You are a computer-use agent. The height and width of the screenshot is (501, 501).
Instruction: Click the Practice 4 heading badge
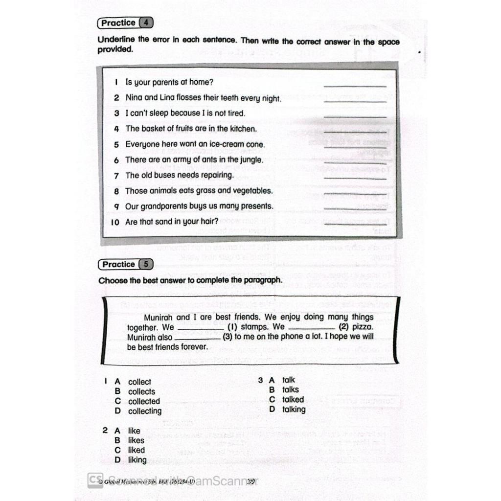125,23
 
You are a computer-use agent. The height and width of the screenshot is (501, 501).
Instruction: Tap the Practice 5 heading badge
126,264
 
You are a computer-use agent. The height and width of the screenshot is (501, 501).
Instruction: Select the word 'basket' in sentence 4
154,129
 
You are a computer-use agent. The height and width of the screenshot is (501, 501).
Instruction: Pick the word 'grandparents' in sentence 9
171,206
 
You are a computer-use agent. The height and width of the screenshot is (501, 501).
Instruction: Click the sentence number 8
116,191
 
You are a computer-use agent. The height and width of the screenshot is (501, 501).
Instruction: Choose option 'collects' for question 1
141,391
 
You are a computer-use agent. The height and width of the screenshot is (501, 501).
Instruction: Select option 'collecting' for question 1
145,411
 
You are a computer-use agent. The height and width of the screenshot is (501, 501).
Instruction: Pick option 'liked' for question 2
137,450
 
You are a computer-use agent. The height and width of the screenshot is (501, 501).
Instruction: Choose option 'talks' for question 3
291,390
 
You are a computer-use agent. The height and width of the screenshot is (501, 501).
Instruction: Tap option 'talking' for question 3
294,410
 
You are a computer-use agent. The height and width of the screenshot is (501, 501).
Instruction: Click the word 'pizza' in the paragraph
362,327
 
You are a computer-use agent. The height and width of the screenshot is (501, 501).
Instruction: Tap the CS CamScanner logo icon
95,479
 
